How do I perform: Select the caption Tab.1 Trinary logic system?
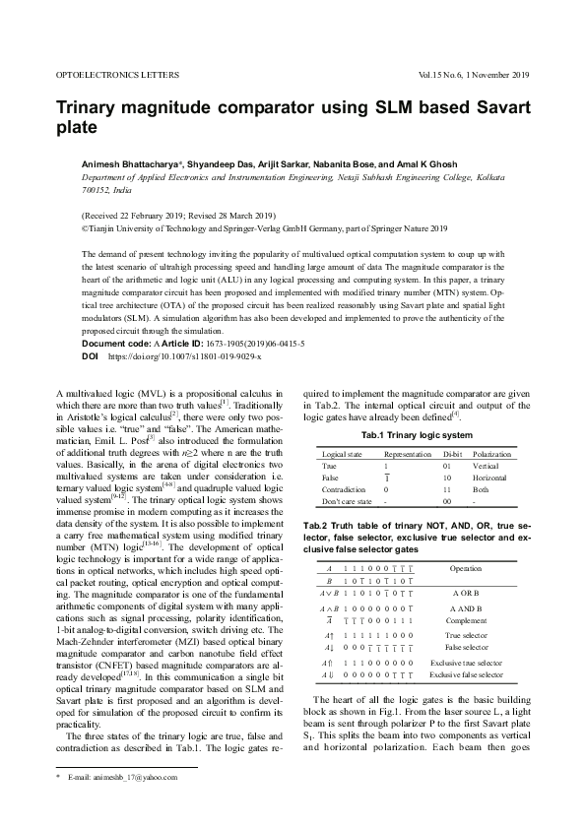[x=417, y=434]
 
